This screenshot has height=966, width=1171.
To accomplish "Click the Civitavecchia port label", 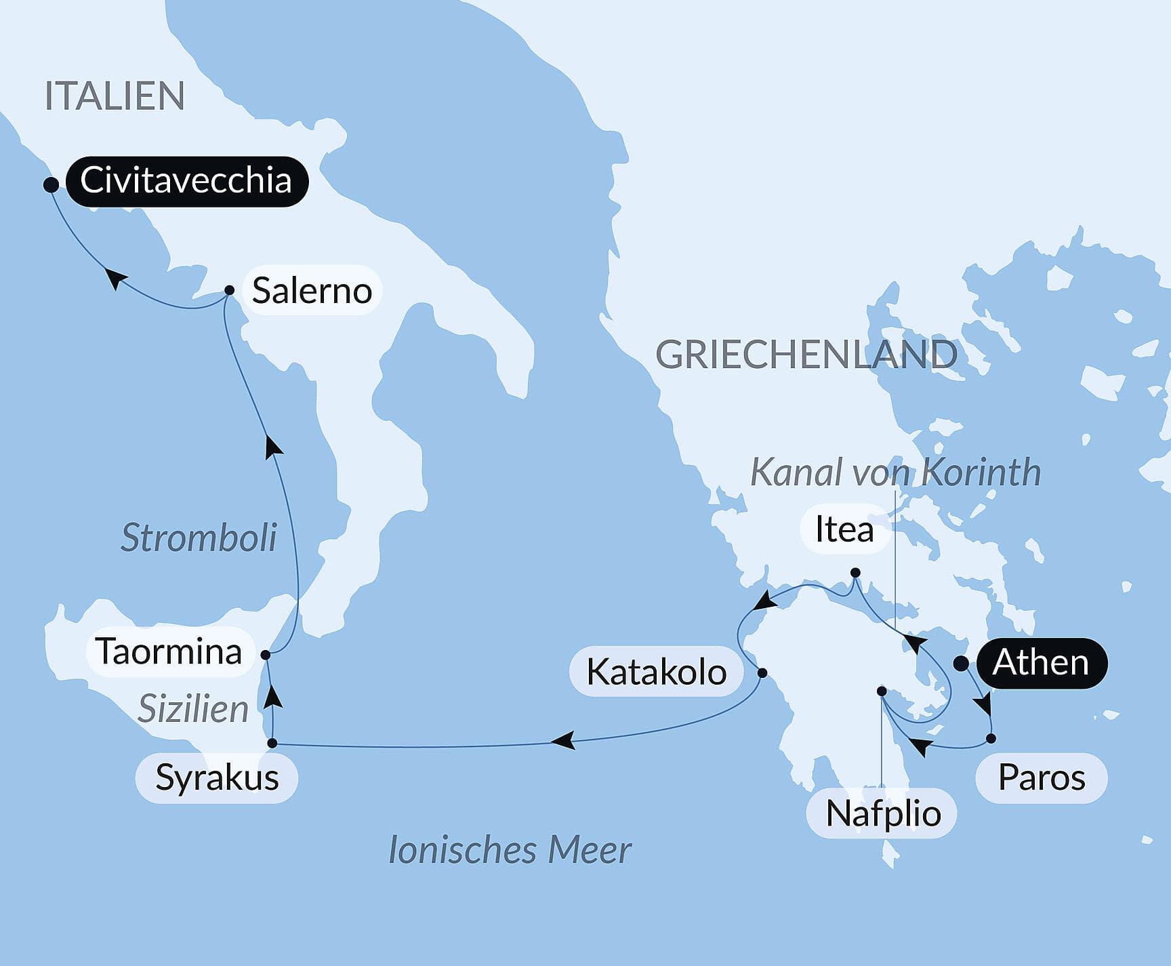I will pyautogui.click(x=186, y=181).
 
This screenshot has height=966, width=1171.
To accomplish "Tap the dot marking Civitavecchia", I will pyautogui.click(x=51, y=184).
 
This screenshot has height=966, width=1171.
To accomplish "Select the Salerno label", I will pyautogui.click(x=312, y=291).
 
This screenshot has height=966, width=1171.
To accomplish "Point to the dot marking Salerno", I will pyautogui.click(x=229, y=290).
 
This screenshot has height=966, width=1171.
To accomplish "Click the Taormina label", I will pyautogui.click(x=169, y=651).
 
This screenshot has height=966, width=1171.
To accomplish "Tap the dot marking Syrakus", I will pyautogui.click(x=272, y=744).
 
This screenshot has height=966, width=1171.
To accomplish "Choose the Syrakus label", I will pyautogui.click(x=217, y=778).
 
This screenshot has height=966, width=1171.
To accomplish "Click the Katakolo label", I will pyautogui.click(x=656, y=672).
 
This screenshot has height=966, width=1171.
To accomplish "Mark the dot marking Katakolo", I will pyautogui.click(x=762, y=673).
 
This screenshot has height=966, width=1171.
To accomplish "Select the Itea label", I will pyautogui.click(x=844, y=529).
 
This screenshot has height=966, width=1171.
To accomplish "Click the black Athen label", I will pyautogui.click(x=1040, y=663).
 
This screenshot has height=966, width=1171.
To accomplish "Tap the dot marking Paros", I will pyautogui.click(x=991, y=738).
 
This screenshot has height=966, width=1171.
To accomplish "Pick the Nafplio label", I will pyautogui.click(x=883, y=813).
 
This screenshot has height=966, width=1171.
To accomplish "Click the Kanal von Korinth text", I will pyautogui.click(x=895, y=472).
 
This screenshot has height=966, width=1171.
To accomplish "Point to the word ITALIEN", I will pyautogui.click(x=115, y=96).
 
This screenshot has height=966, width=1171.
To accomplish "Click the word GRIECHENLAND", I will pyautogui.click(x=806, y=355).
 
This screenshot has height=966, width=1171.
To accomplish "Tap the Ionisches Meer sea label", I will pyautogui.click(x=510, y=850).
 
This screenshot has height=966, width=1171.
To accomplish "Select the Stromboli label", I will pyautogui.click(x=199, y=538).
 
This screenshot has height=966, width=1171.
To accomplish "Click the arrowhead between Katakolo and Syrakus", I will pyautogui.click(x=564, y=740).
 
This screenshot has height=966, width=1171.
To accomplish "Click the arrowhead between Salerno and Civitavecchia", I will pyautogui.click(x=116, y=278).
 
